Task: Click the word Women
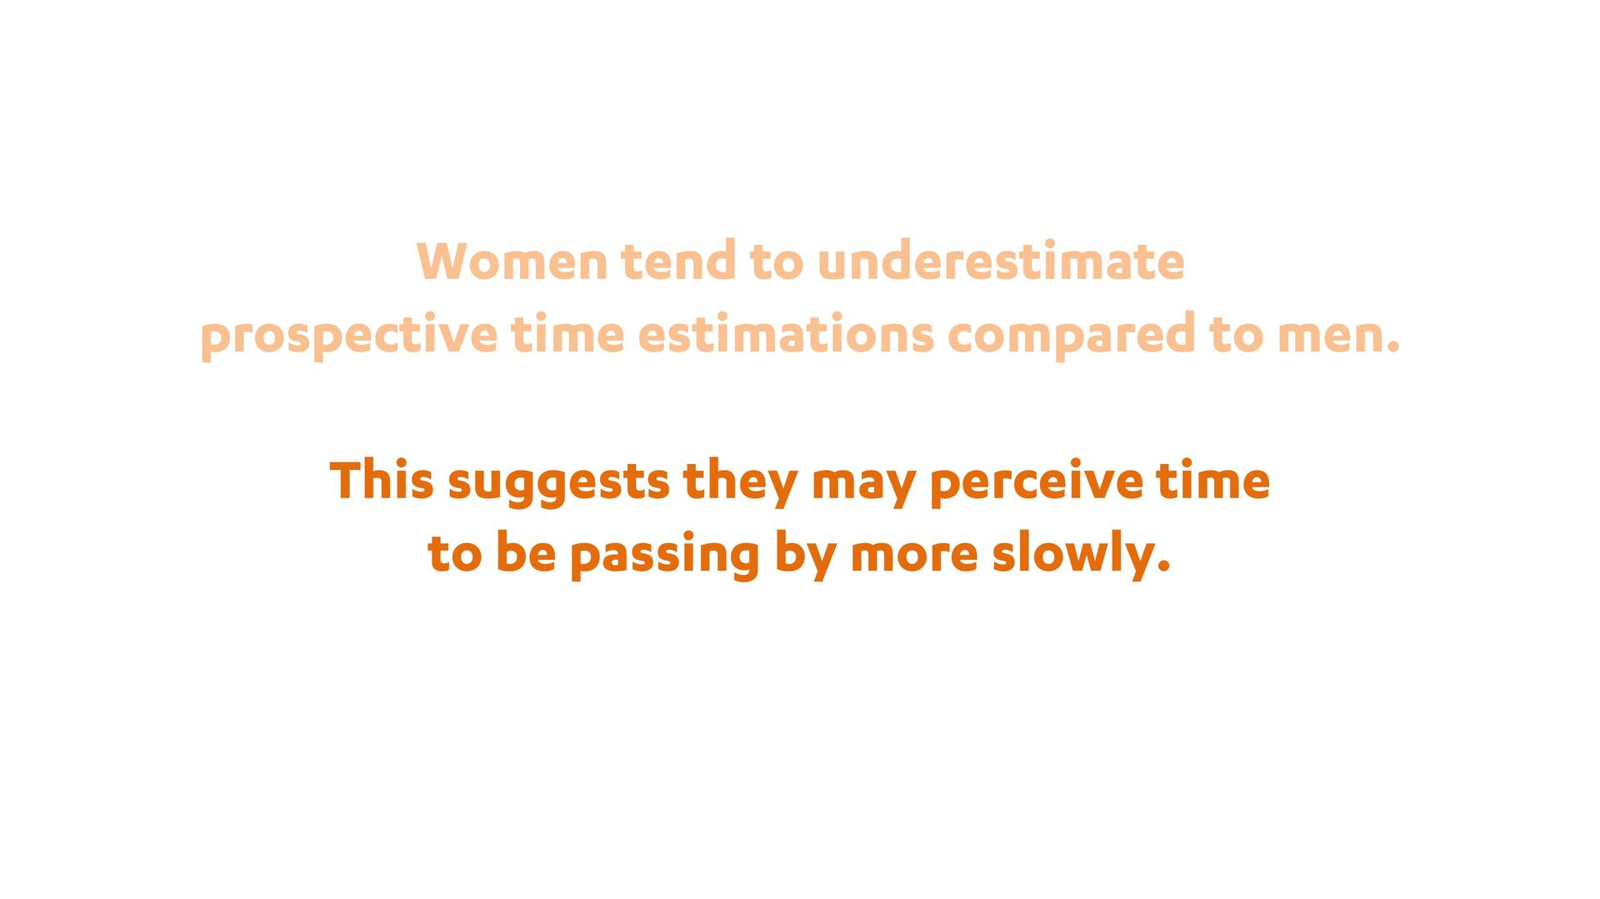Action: pyautogui.click(x=512, y=261)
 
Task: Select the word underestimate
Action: pyautogui.click(x=1001, y=261)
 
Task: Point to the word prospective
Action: pyautogui.click(x=349, y=336)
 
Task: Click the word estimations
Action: pyautogui.click(x=786, y=334)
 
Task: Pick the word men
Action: pyautogui.click(x=1338, y=336)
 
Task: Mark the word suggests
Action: pyautogui.click(x=558, y=484)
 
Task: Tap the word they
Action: pyautogui.click(x=740, y=482)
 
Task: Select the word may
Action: pyautogui.click(x=863, y=487)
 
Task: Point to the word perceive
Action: pyautogui.click(x=1036, y=484)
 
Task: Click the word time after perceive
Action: pyautogui.click(x=1212, y=481)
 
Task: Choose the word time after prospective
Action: pyautogui.click(x=567, y=334)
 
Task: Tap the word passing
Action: pyautogui.click(x=665, y=557)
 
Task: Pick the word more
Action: pyautogui.click(x=914, y=556)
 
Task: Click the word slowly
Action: pyautogui.click(x=1082, y=556)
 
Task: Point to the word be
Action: pyautogui.click(x=526, y=553)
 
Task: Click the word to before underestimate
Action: pyautogui.click(x=777, y=262)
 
